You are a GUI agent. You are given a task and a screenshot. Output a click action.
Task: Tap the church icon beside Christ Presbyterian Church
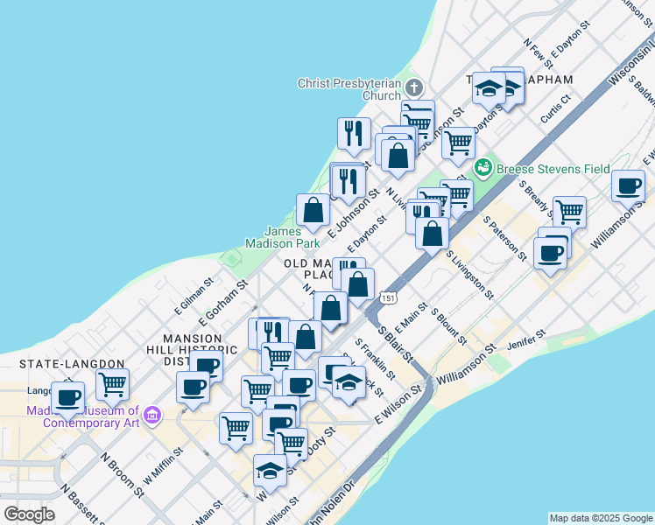tap(413, 88)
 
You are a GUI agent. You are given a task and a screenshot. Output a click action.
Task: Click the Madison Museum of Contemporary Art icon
tap(152, 413)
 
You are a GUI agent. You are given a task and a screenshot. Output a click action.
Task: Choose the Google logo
tap(29, 514)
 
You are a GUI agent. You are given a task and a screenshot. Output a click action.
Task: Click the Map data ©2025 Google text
tap(600, 518)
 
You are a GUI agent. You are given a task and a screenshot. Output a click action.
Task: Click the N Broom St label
tap(123, 474)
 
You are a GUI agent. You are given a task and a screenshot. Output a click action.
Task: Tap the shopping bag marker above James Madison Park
tap(313, 210)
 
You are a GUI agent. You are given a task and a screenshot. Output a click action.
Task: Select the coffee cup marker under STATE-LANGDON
tap(68, 397)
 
